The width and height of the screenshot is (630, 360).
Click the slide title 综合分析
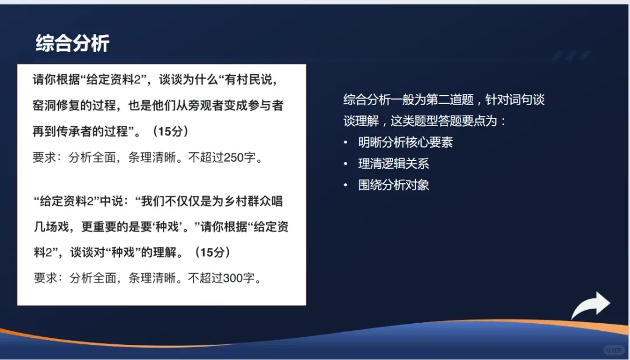[73, 43]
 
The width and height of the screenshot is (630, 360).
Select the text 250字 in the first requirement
[240, 158]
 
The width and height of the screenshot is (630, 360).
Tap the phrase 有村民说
[249, 80]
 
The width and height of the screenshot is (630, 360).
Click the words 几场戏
[51, 226]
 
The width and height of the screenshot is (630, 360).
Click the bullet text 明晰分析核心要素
[405, 142]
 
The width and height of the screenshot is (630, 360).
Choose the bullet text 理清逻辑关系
[394, 163]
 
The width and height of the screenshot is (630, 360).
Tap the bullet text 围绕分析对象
[394, 185]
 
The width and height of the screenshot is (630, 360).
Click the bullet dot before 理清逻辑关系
[345, 164]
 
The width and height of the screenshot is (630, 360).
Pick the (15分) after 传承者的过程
[170, 131]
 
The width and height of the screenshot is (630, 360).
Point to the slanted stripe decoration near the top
[571, 55]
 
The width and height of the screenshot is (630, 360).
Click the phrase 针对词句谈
[515, 99]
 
